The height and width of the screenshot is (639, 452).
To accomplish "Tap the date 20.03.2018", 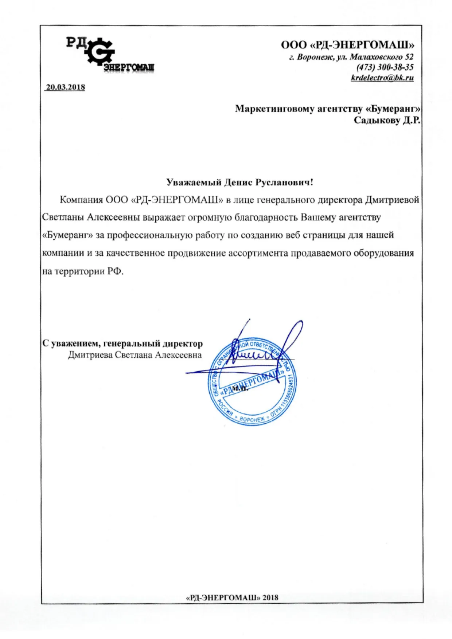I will coord(65,87).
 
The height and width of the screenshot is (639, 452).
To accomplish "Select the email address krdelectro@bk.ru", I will coord(382,78).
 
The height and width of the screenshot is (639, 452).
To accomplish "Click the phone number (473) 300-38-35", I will coord(385,67).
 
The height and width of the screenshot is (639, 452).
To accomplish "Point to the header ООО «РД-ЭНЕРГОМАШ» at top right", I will coord(347,45).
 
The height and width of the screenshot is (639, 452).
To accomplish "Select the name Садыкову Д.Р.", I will coord(387,120).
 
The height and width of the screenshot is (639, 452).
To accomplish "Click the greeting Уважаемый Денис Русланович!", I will coord(239,182).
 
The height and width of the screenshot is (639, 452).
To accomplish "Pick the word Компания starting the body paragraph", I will coord(81,200).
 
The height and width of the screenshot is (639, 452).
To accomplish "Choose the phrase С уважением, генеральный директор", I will coord(122,344).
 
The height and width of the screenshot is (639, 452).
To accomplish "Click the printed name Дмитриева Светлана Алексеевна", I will coord(135,355).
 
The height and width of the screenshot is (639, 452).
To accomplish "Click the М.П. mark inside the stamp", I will coord(240,388).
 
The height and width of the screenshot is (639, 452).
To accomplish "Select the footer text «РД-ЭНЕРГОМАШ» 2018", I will coord(232,597).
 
